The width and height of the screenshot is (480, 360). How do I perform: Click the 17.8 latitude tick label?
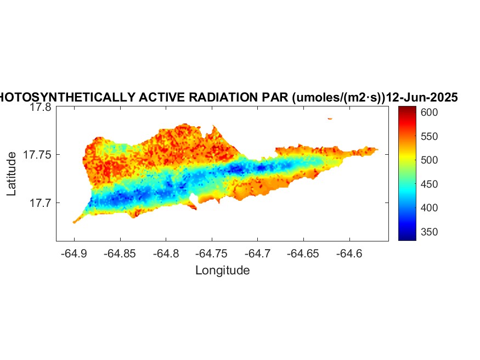tap(41, 108)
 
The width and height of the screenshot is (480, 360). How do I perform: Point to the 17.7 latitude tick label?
tap(41, 203)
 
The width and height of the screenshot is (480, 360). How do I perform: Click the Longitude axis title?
tap(222, 270)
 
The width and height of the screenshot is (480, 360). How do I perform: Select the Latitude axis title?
tap(12, 174)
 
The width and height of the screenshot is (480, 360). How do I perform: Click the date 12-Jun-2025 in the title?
tap(422, 98)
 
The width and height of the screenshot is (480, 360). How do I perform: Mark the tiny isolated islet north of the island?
tap(330, 118)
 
